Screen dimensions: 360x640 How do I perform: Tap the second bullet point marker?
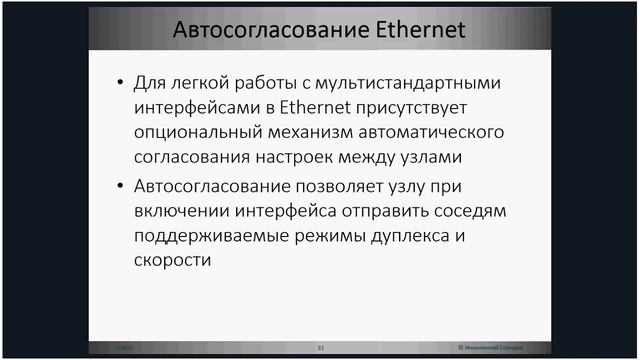[120, 185]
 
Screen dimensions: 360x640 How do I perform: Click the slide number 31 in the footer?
[321, 347]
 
